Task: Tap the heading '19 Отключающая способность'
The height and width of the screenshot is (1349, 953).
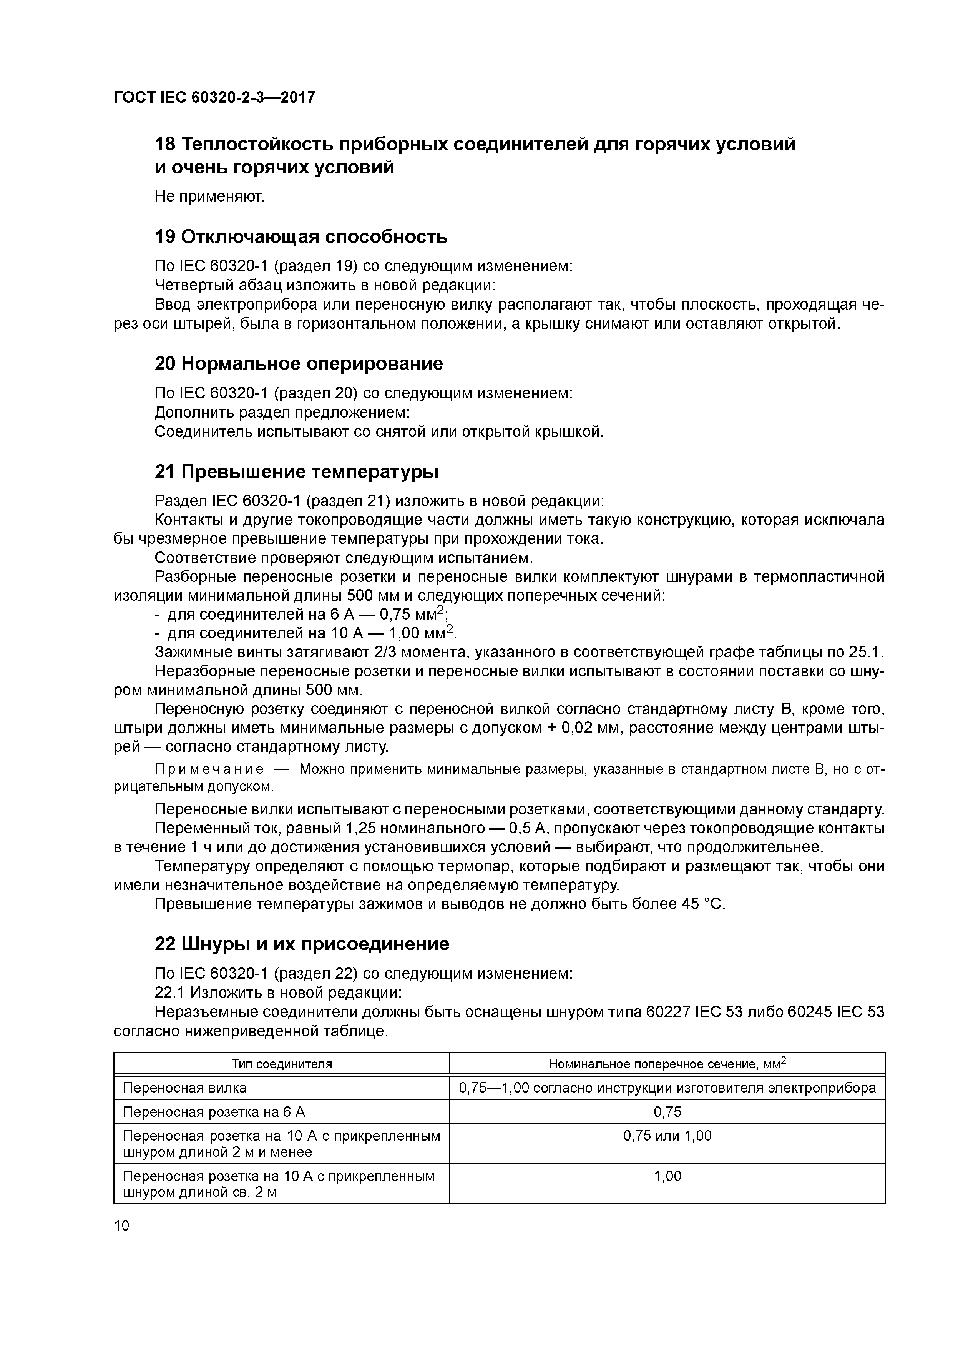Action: (301, 237)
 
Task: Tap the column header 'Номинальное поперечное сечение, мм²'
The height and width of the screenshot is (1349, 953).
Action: (667, 1063)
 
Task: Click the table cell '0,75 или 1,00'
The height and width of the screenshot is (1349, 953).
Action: (667, 1136)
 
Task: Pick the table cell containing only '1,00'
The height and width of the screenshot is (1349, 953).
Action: (667, 1176)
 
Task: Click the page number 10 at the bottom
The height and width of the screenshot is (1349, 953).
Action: (121, 1226)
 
